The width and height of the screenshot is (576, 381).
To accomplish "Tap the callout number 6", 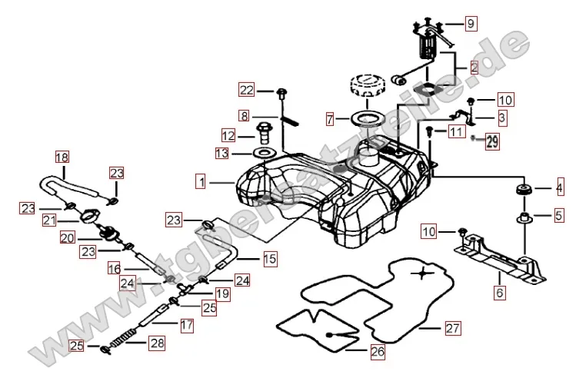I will pos(500,293).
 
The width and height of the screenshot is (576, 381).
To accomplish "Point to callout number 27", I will pos(453,328).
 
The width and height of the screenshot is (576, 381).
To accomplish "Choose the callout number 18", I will pos(62,158).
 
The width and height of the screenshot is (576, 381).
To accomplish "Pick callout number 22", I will pos(245,91).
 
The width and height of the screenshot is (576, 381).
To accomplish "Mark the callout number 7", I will pos(331,119).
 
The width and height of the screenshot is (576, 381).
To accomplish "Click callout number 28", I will pos(157,343).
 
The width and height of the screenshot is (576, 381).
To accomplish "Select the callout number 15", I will pos(269,260).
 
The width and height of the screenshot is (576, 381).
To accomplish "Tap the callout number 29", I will pos(492,141).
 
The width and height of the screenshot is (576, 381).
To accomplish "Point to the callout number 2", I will pos(474,68).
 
